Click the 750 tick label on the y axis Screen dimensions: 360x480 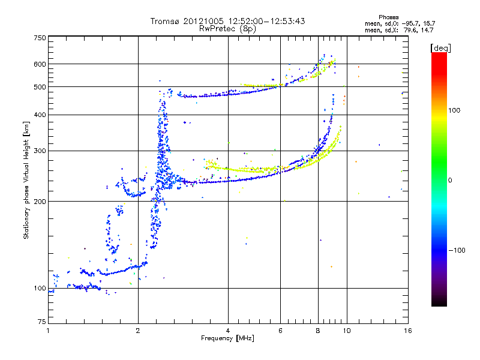tap(40, 37)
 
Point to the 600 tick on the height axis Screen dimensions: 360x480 tap(40, 64)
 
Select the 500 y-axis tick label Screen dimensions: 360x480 tap(40, 86)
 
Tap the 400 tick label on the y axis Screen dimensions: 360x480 tap(40, 114)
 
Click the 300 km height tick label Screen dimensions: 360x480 tap(40, 150)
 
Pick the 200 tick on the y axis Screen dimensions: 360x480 tap(40, 201)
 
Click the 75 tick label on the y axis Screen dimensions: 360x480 tap(41, 322)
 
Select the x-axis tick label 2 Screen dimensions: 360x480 tap(138, 331)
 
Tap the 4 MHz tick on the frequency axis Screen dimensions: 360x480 tap(228, 331)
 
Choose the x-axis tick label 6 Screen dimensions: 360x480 tap(280, 331)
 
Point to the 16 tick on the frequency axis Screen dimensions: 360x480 tap(407, 331)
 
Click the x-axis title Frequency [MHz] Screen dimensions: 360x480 tap(227, 339)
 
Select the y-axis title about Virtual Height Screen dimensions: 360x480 tap(26, 180)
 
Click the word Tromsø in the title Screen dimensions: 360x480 tap(164, 21)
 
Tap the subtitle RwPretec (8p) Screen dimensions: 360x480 tap(228, 28)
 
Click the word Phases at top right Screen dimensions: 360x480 tap(389, 17)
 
